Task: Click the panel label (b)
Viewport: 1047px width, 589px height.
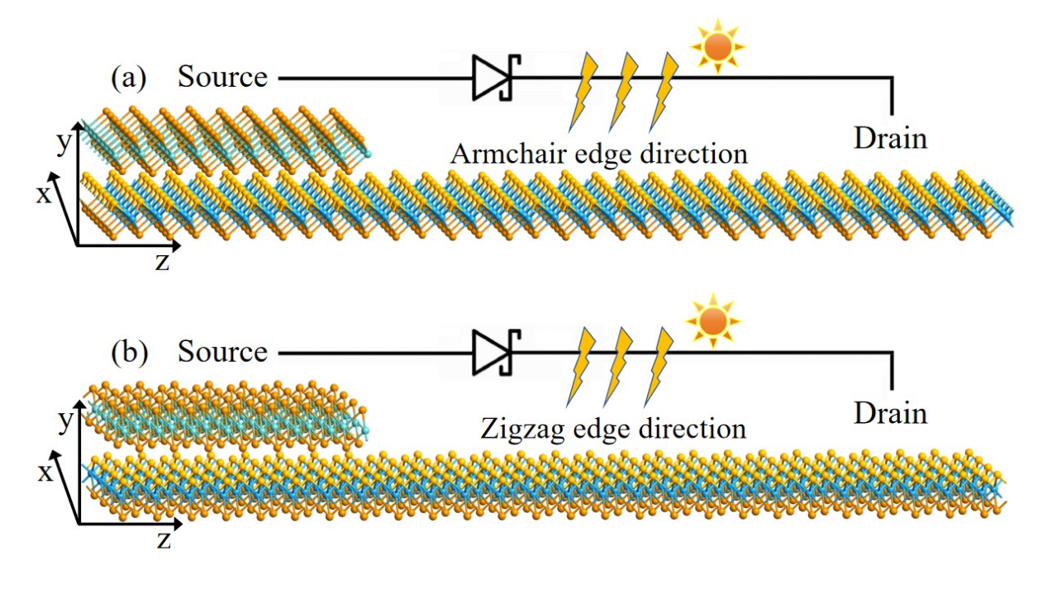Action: click(x=128, y=353)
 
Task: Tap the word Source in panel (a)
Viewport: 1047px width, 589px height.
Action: click(x=223, y=78)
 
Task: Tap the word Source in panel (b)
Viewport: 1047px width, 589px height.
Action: click(x=223, y=353)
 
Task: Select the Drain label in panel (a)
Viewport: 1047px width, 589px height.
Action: click(x=890, y=139)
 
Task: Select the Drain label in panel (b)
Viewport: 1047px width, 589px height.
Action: click(x=890, y=412)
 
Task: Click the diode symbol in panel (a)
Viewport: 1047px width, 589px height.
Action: click(x=493, y=78)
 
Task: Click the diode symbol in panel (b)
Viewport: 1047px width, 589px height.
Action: click(x=493, y=354)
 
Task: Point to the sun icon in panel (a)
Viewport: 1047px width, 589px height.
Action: click(x=717, y=46)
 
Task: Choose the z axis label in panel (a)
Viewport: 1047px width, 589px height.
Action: click(x=164, y=261)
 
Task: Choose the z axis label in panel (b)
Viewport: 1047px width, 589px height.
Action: click(x=164, y=539)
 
